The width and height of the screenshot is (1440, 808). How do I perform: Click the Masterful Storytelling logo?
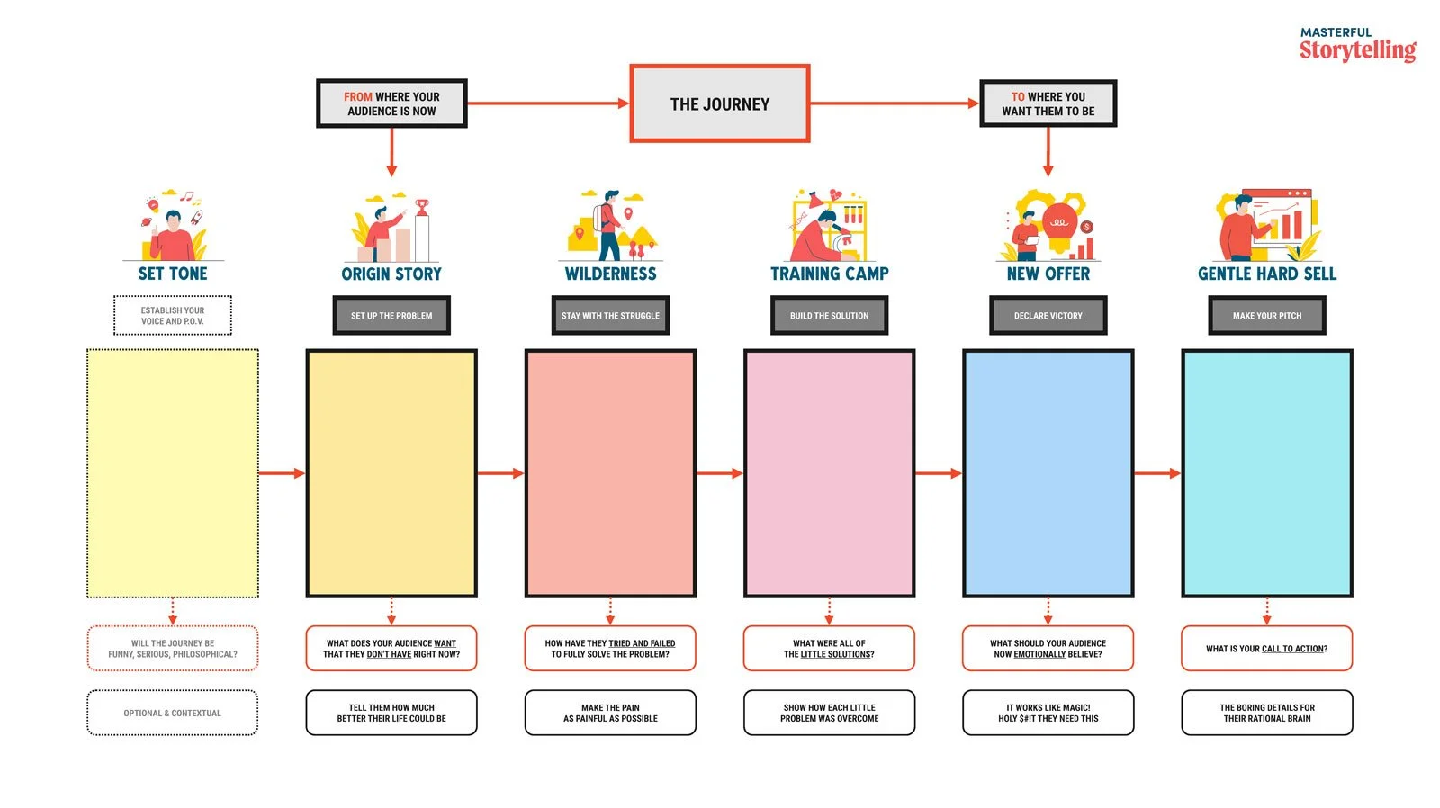coord(1356,45)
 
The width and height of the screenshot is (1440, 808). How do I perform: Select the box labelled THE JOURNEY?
coord(719,103)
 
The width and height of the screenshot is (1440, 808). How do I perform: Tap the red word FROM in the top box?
coord(357,96)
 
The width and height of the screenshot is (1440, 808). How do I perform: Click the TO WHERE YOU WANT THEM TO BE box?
coord(1048,103)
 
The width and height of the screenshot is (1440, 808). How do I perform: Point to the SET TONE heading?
coord(173,274)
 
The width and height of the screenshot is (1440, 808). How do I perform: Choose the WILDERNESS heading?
coord(610,274)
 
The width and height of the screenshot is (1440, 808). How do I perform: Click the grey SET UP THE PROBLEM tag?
coord(391,316)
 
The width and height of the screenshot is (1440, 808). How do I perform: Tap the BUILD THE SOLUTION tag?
coord(829,316)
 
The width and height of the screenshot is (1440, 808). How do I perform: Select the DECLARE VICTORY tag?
coord(1048,316)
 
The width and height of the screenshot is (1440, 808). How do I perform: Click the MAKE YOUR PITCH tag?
coord(1266,316)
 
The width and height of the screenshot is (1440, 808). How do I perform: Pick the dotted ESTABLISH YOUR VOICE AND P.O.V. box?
coord(173,316)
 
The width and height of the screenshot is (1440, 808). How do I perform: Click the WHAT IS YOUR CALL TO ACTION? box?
coord(1266,649)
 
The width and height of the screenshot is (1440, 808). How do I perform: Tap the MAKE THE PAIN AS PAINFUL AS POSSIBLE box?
coord(610,713)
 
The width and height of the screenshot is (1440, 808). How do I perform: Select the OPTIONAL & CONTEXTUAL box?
coord(173,713)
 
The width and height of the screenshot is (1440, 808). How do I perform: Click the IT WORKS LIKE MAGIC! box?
coord(1048,713)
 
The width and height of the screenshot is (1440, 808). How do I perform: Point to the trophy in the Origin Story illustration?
coord(422,207)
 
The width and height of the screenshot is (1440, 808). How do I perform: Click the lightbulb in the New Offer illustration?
coord(1059,223)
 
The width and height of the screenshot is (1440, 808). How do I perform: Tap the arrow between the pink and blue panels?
coord(939,473)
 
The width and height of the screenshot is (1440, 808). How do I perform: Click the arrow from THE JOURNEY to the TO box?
coord(895,103)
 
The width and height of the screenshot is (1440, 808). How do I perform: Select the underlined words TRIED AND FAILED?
coord(642,643)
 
